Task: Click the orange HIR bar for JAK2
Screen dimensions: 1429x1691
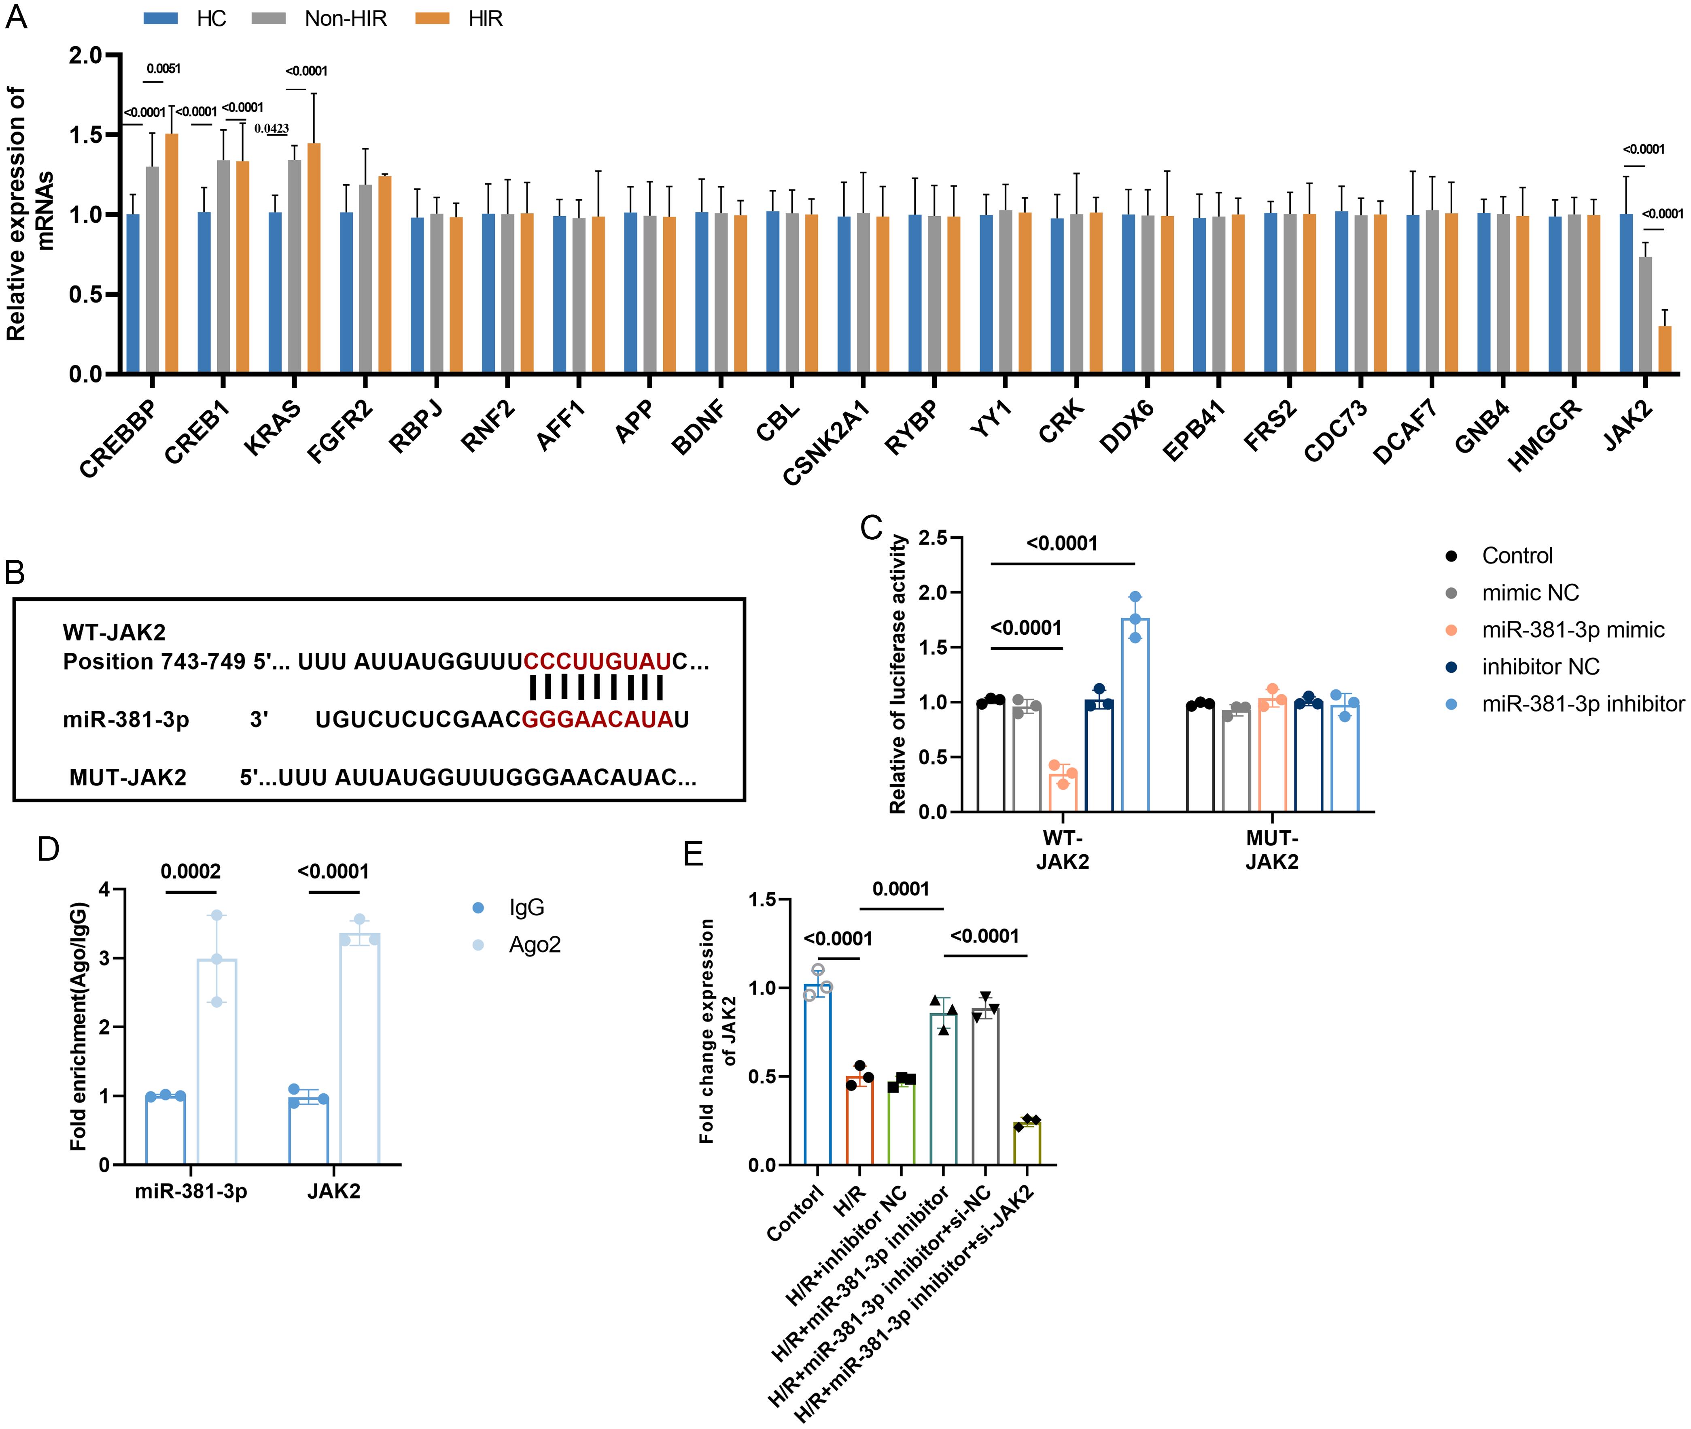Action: click(1664, 350)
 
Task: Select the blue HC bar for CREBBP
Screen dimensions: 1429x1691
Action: click(133, 293)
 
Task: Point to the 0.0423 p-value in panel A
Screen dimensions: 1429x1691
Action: click(271, 128)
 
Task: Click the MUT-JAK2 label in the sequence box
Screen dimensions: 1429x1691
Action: click(128, 778)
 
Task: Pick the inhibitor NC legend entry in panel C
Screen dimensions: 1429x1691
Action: click(1540, 667)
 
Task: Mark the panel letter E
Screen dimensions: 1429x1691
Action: click(693, 854)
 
